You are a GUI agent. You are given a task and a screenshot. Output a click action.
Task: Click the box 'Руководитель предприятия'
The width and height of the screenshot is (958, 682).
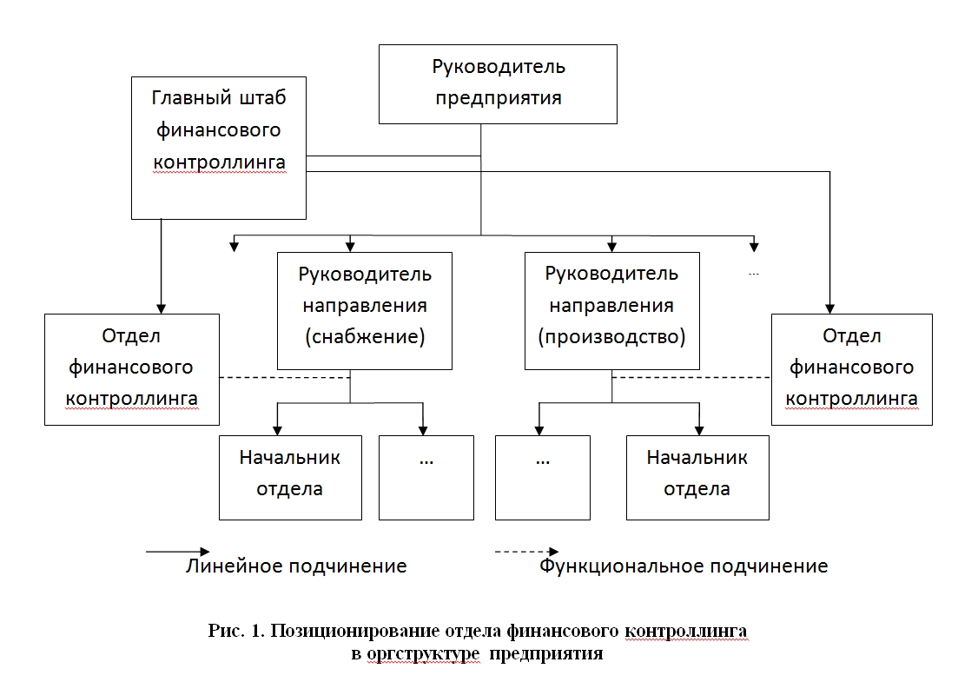(498, 83)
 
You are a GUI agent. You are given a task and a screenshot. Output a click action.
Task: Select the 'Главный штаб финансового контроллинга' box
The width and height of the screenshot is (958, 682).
(218, 147)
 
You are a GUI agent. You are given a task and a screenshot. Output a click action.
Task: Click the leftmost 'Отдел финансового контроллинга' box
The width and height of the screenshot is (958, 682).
(131, 369)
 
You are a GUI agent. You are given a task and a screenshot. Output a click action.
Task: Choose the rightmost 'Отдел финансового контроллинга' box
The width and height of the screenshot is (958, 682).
(851, 369)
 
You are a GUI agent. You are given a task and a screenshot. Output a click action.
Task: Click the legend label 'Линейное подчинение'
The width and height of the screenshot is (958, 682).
(296, 566)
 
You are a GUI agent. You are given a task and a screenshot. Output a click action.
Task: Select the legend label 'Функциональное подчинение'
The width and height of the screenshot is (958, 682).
(684, 566)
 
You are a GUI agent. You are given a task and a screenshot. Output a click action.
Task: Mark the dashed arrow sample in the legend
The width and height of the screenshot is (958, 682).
(526, 552)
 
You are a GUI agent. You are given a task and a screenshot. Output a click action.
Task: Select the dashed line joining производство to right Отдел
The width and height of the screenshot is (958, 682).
(691, 377)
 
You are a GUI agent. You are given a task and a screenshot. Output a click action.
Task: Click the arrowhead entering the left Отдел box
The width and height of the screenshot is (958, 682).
(161, 308)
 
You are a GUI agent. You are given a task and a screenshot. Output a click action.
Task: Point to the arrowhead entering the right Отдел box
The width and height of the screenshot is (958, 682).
(829, 308)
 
